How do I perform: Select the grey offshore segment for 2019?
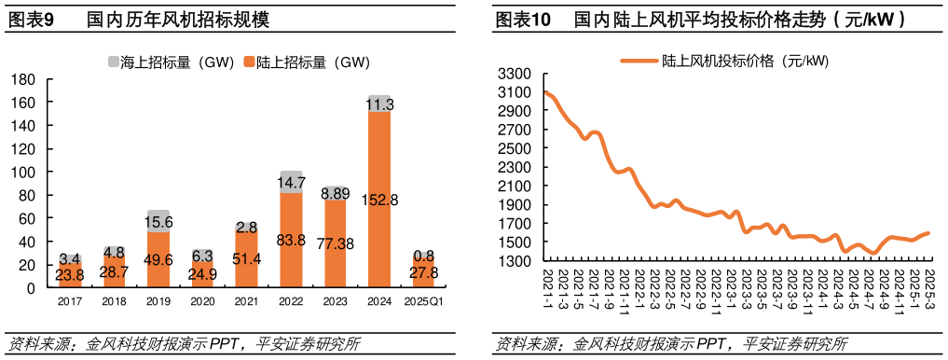[158, 221]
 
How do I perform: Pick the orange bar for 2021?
[247, 259]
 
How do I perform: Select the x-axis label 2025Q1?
[423, 301]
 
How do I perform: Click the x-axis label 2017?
[70, 301]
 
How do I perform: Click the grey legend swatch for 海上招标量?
[114, 62]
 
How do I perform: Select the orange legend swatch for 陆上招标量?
[249, 62]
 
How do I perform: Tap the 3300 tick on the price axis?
[515, 73]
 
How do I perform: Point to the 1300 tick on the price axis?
[515, 261]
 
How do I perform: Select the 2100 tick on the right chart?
[515, 186]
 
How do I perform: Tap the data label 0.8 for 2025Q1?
[423, 256]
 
